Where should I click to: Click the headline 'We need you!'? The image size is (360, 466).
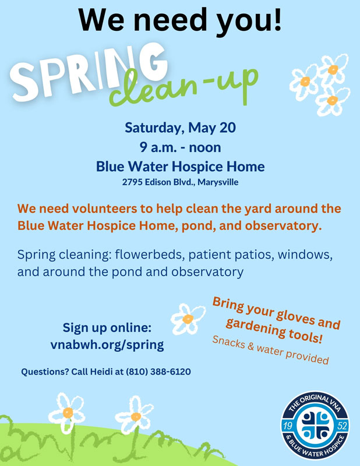pyautogui.click(x=180, y=21)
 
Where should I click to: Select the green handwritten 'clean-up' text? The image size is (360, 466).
pyautogui.click(x=183, y=86)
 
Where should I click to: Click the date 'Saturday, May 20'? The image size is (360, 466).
pyautogui.click(x=180, y=128)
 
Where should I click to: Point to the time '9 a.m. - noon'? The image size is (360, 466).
pyautogui.click(x=180, y=147)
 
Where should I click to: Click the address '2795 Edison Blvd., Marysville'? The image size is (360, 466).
pyautogui.click(x=180, y=182)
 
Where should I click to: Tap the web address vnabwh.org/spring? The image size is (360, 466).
pyautogui.click(x=107, y=345)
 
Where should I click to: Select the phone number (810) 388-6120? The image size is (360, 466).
pyautogui.click(x=158, y=372)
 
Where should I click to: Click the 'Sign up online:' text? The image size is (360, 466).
pyautogui.click(x=107, y=328)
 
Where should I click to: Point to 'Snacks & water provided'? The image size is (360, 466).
pyautogui.click(x=270, y=350)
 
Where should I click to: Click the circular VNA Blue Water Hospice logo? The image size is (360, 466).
pyautogui.click(x=315, y=426)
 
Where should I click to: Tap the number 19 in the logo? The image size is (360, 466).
pyautogui.click(x=287, y=426)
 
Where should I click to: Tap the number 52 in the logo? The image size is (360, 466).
pyautogui.click(x=343, y=426)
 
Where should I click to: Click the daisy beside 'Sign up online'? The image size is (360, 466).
pyautogui.click(x=188, y=319)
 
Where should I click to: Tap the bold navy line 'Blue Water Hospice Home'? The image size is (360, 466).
pyautogui.click(x=180, y=167)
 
